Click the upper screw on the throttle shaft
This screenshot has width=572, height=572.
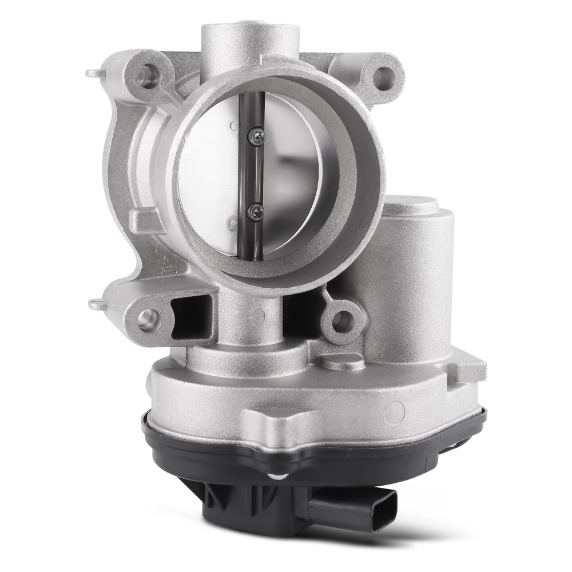click(257, 135)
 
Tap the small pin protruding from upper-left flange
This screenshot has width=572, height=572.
click(93, 73)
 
